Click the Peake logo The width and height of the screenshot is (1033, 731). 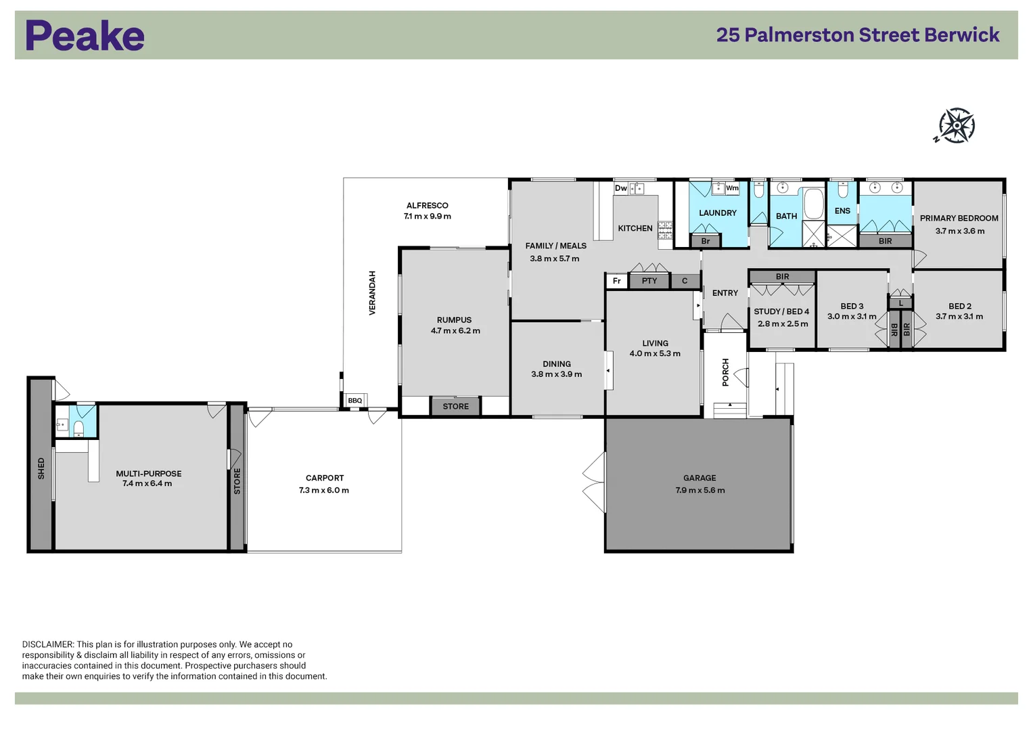click(x=85, y=36)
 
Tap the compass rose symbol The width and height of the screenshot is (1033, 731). click(x=956, y=126)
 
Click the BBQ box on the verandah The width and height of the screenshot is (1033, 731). click(x=355, y=401)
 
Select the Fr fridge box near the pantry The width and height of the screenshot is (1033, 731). click(x=616, y=281)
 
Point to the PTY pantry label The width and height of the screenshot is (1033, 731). click(x=649, y=281)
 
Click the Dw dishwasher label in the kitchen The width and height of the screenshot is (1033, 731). click(x=620, y=188)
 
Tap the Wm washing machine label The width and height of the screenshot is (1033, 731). click(x=732, y=188)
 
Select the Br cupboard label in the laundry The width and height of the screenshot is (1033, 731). click(x=705, y=241)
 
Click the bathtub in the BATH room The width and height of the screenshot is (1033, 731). click(x=813, y=204)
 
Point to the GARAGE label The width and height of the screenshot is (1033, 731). click(x=699, y=478)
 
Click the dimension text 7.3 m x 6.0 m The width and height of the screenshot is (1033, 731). click(x=324, y=490)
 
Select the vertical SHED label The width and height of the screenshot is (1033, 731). click(x=41, y=468)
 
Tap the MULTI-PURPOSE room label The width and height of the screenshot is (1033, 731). click(x=148, y=474)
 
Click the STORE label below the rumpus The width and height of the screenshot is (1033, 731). click(x=455, y=406)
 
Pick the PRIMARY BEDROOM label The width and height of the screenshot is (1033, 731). click(x=959, y=218)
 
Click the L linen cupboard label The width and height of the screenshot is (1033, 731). click(x=900, y=303)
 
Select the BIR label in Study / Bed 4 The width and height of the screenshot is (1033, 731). click(x=782, y=277)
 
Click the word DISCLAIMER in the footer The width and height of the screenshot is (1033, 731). click(x=47, y=644)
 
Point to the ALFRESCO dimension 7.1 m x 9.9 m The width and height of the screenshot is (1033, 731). click(x=427, y=217)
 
